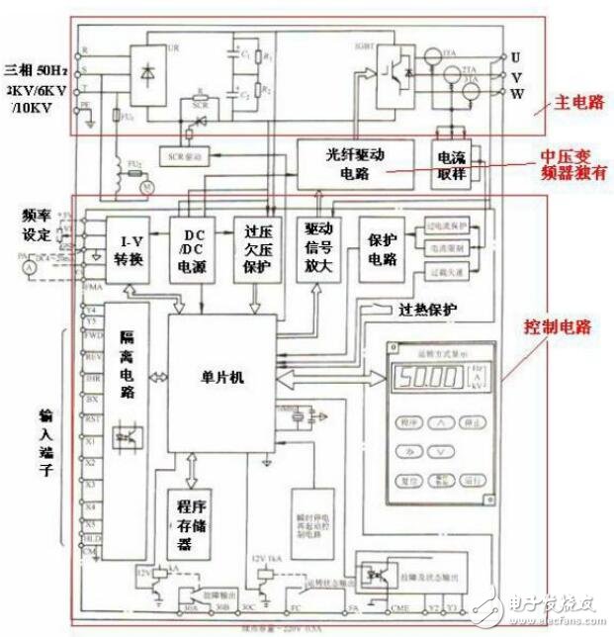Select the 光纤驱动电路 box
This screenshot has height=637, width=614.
tap(352, 162)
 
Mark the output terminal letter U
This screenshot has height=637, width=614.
tap(515, 56)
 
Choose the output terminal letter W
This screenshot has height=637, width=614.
tap(515, 94)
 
